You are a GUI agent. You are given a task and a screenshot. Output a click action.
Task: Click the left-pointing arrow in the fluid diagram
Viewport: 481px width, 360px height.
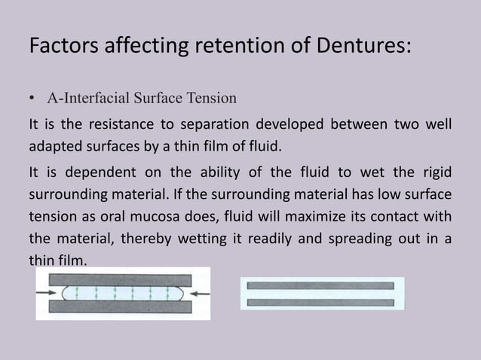[198, 294]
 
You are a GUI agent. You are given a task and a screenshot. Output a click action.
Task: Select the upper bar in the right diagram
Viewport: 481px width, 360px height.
[322, 286]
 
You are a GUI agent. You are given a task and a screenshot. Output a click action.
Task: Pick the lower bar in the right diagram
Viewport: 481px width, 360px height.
[322, 301]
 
